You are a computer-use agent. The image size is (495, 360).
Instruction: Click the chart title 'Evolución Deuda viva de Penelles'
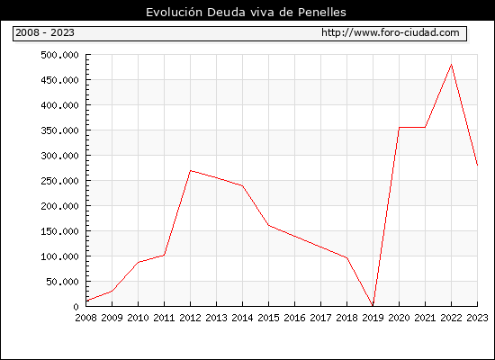click(x=246, y=12)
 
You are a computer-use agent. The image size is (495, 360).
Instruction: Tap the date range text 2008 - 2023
click(x=45, y=32)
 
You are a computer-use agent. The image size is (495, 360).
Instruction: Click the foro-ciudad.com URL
click(x=391, y=32)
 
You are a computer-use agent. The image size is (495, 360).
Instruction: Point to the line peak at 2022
click(x=452, y=65)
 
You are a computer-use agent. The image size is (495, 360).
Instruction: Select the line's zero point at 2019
click(x=373, y=306)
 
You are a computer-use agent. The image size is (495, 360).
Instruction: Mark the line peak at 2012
click(x=191, y=170)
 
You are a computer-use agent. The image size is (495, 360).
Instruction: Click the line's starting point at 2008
click(x=86, y=301)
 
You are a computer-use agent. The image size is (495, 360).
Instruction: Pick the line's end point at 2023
click(x=477, y=165)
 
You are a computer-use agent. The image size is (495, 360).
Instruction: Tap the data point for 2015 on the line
click(x=269, y=225)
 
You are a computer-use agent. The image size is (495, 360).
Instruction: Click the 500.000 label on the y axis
click(x=59, y=55)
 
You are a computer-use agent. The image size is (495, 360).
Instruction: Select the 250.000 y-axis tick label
click(x=59, y=181)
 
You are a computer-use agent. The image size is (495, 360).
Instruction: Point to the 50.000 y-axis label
click(x=62, y=282)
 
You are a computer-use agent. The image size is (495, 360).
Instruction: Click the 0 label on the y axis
click(x=76, y=307)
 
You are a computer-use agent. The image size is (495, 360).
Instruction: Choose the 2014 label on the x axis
click(x=242, y=318)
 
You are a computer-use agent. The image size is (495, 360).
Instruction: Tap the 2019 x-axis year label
click(x=373, y=318)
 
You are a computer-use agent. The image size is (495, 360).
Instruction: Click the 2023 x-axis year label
click(x=477, y=318)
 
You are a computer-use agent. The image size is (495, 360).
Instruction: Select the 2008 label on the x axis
click(x=85, y=318)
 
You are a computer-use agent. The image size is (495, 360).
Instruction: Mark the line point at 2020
click(x=399, y=128)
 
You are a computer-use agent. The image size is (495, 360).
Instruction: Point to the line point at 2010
click(x=139, y=262)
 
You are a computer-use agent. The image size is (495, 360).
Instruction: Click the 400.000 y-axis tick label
click(x=59, y=105)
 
